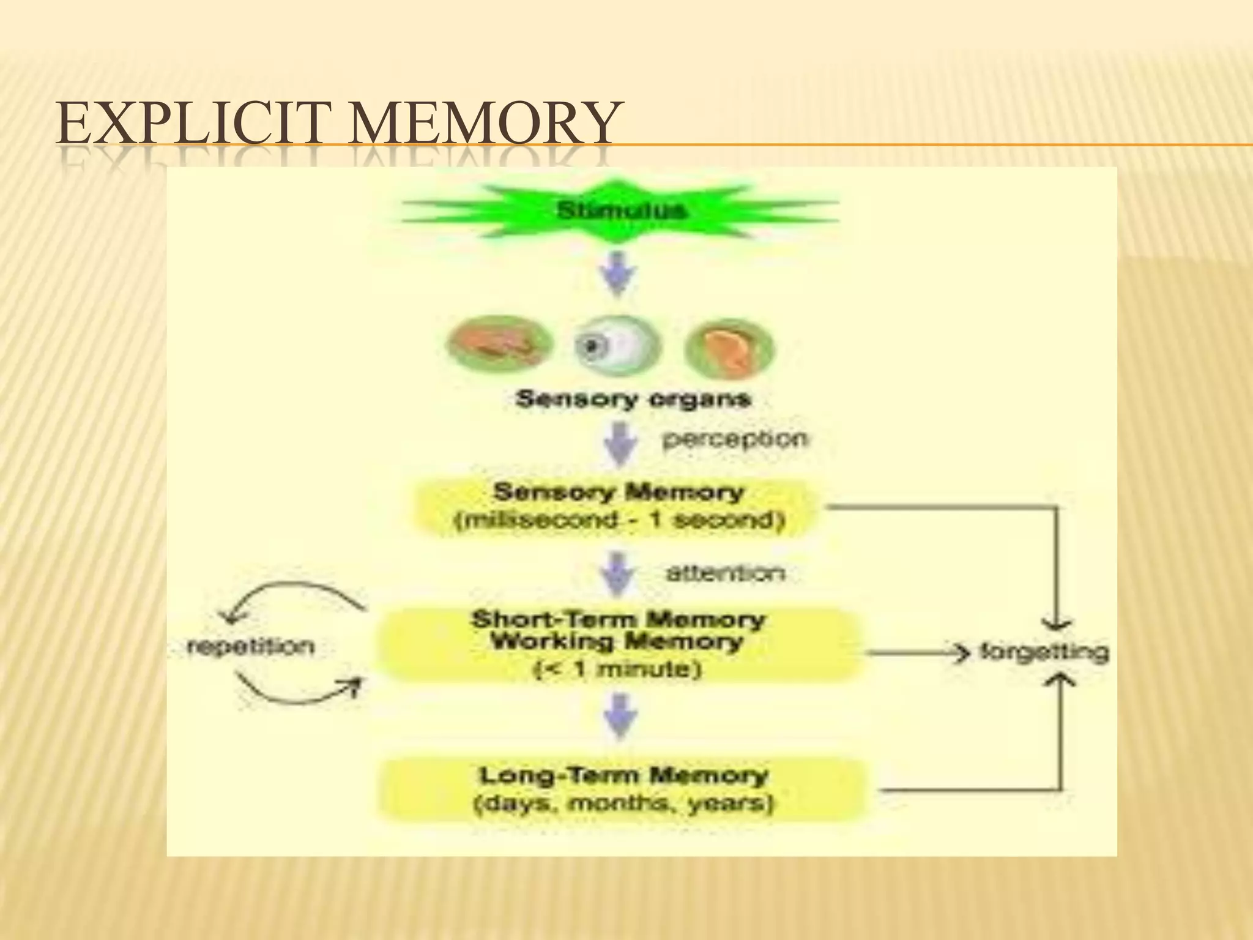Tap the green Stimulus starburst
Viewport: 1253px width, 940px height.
pos(620,211)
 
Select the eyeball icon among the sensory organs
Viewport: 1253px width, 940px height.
pos(618,348)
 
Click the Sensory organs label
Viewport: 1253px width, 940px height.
pos(633,400)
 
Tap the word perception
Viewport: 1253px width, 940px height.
pos(734,439)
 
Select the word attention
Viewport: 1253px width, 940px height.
pos(725,573)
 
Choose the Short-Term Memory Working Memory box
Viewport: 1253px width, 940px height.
pos(618,644)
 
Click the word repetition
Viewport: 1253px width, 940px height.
pos(251,646)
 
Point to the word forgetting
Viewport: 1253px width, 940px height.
pos(1044,651)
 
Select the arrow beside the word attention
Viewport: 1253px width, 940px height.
pos(619,574)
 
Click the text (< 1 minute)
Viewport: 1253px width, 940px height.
pos(618,669)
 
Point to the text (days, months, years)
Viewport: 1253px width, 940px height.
pos(624,804)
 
